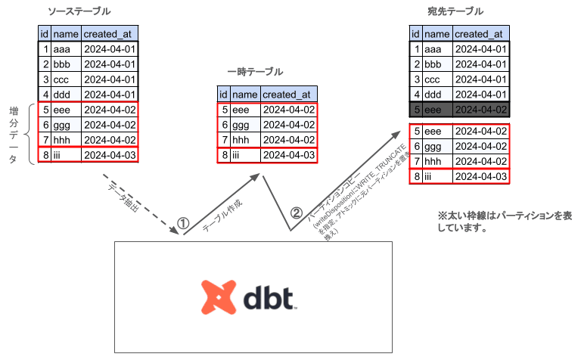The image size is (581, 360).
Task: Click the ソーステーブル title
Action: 78,11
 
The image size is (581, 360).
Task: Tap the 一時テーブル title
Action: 255,72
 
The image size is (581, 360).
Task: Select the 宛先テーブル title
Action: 455,11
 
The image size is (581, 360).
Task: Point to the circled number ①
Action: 182,223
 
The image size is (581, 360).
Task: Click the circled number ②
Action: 296,213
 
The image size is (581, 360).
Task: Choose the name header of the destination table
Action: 437,34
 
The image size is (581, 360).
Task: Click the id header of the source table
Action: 45,34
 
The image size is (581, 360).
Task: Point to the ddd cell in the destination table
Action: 437,95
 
